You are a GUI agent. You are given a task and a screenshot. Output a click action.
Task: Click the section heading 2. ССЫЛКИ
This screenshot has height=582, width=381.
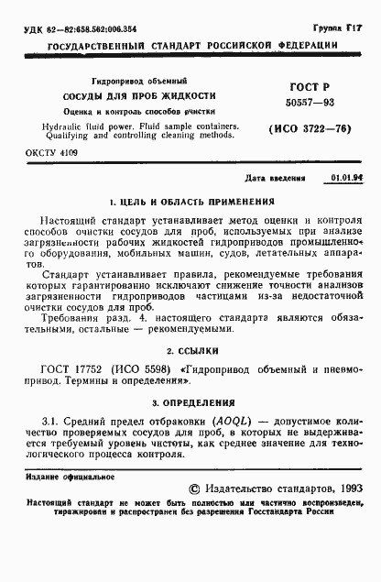191,351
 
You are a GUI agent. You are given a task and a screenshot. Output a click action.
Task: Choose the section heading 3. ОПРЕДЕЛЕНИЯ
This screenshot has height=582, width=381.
191,401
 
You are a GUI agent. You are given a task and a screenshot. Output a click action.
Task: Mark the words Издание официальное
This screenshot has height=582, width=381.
63,478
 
